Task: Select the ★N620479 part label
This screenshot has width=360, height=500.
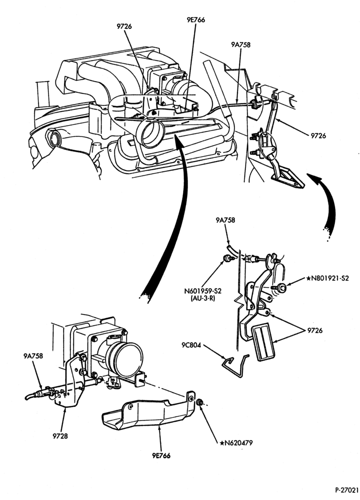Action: click(236, 442)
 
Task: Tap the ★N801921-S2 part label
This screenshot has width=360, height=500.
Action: click(327, 278)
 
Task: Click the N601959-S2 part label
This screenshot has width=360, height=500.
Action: click(202, 291)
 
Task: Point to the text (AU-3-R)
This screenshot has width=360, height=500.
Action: click(202, 299)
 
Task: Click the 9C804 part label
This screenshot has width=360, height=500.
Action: click(191, 345)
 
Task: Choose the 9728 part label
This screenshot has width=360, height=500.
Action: click(60, 435)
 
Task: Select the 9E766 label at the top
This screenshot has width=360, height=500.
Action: click(196, 20)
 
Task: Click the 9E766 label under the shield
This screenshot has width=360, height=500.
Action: click(161, 455)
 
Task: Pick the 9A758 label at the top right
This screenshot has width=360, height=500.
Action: click(240, 45)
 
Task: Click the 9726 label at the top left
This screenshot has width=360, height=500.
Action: click(124, 26)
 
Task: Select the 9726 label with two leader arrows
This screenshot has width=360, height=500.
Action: click(315, 330)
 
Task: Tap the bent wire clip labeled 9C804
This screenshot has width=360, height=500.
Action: click(235, 366)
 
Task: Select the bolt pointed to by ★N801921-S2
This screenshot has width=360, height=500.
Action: click(279, 288)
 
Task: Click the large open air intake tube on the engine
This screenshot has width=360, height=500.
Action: click(149, 134)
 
